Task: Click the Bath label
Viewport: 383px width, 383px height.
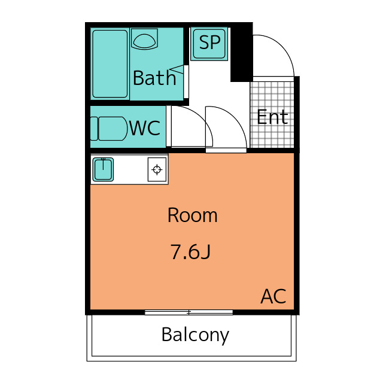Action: click(x=154, y=78)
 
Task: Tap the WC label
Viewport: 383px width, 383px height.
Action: click(x=145, y=127)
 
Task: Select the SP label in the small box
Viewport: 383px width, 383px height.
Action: click(x=209, y=42)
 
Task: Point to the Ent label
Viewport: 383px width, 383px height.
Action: click(x=272, y=117)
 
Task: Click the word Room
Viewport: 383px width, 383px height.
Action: click(x=192, y=215)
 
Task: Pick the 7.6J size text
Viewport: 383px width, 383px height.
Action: click(x=190, y=252)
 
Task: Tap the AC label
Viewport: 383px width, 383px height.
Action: click(x=273, y=296)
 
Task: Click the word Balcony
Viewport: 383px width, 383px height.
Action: click(x=195, y=335)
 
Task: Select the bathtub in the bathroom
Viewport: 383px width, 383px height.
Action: click(x=110, y=63)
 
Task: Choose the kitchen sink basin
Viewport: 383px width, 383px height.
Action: click(x=104, y=169)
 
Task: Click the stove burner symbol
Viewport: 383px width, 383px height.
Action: click(x=157, y=169)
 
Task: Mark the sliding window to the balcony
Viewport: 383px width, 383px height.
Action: click(x=189, y=312)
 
